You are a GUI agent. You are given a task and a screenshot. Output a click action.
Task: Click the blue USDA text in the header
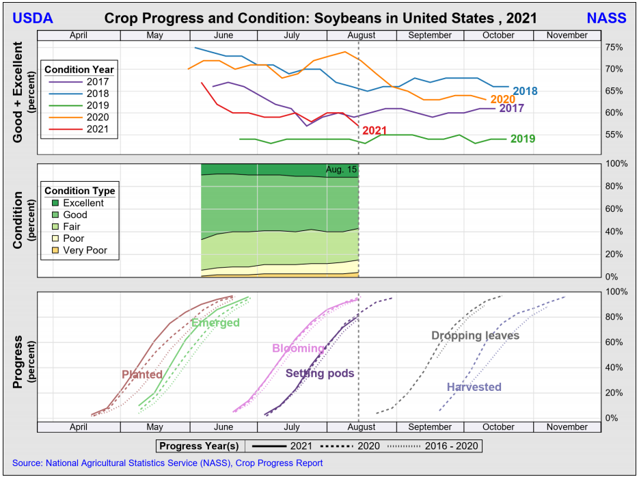pos(33,18)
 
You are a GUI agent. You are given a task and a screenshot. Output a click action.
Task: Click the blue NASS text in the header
pos(606,18)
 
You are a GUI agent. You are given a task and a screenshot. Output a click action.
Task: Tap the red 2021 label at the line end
pos(375,131)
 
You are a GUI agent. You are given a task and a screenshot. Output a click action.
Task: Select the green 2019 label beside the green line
pos(523,139)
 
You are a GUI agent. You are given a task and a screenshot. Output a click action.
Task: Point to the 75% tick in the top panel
pos(614,47)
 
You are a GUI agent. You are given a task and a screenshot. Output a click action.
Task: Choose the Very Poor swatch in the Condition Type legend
pos(55,250)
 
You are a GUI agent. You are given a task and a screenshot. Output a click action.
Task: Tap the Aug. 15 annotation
pos(341,170)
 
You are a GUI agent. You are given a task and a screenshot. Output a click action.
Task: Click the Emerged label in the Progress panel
pos(215,323)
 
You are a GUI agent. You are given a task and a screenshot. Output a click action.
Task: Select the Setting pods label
pos(320,374)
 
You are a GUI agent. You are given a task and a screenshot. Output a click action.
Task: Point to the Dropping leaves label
pos(475,336)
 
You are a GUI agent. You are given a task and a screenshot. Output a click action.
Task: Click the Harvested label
pos(474,387)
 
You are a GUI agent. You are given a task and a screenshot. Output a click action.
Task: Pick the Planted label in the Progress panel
pos(142,374)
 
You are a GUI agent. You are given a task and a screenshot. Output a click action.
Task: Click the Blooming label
pos(298,349)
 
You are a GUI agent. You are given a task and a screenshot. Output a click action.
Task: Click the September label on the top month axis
pos(430,36)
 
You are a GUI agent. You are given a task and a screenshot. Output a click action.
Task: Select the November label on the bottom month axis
pos(567,427)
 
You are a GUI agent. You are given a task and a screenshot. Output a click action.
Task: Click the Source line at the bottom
pos(167,463)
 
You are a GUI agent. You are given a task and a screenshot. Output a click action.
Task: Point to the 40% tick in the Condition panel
pos(614,232)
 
